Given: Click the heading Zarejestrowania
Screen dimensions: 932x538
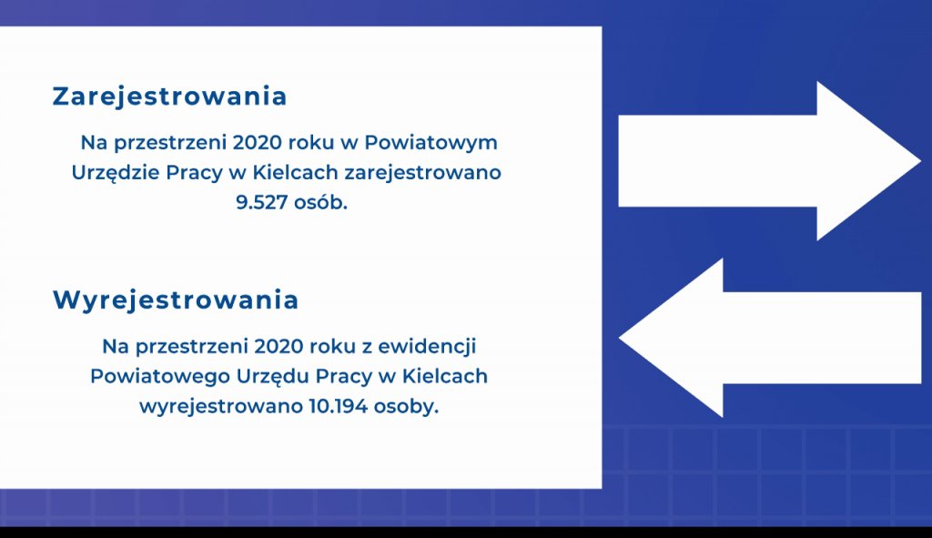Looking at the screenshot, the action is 169,96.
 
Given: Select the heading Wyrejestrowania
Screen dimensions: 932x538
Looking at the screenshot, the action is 176,300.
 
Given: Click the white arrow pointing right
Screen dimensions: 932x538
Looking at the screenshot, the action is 769,160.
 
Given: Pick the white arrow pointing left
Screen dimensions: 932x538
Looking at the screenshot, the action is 770,338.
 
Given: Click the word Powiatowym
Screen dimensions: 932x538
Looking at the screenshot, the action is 431,143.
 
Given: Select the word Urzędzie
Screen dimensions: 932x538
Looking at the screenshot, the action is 116,173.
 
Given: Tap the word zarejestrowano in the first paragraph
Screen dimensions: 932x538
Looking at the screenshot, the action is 422,172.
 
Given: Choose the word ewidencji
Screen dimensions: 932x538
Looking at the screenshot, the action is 428,347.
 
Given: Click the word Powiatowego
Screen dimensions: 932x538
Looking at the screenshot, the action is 160,376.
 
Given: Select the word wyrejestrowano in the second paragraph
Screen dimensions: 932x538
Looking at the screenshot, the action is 222,407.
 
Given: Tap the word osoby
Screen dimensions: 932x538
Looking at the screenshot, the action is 406,407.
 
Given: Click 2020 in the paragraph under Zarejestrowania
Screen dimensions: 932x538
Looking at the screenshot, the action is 258,143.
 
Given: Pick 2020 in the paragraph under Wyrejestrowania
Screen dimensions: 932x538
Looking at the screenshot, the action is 279,347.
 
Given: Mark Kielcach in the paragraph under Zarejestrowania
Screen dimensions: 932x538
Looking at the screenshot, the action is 296,172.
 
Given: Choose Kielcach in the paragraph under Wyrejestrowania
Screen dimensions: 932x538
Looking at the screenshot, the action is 444,376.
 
